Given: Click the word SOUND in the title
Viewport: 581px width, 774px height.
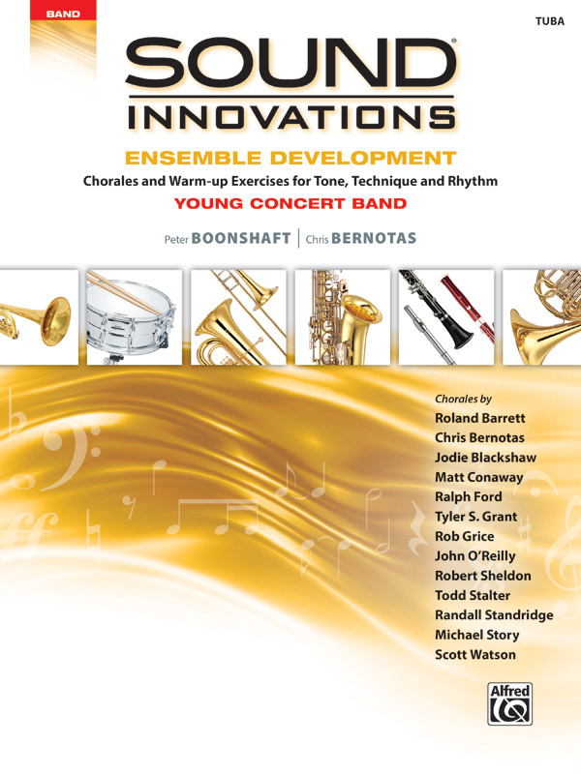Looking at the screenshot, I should (x=290, y=67).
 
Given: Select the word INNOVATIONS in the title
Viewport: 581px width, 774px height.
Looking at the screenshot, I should (x=290, y=117).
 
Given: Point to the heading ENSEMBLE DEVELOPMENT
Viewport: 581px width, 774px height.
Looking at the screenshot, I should (x=290, y=158).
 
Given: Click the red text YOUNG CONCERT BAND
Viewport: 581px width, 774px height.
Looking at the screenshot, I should (x=290, y=203).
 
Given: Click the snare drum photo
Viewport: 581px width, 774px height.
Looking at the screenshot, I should (x=134, y=316).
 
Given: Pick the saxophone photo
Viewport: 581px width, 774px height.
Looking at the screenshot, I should (x=343, y=316).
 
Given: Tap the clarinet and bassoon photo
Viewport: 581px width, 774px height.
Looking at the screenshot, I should (x=446, y=316).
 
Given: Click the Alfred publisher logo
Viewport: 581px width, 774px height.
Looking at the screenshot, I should (x=506, y=704).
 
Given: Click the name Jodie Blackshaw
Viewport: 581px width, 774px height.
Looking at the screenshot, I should (x=485, y=457).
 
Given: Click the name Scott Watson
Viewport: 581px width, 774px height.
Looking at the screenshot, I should (x=475, y=655).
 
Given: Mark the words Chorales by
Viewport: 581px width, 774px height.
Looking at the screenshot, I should (x=464, y=399).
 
